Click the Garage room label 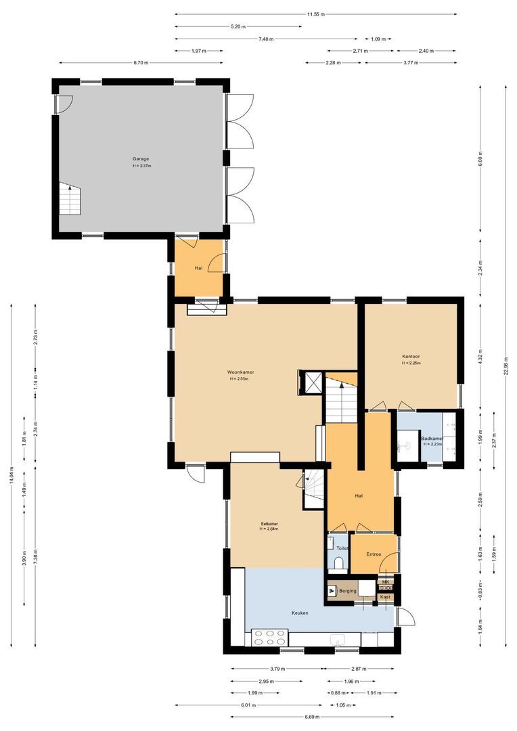[141, 159]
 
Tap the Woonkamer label [240, 372]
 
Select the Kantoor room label [411, 356]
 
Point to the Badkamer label [431, 439]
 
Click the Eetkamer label [270, 524]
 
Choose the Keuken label [300, 613]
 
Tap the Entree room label [374, 554]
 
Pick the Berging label [348, 591]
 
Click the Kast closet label [385, 597]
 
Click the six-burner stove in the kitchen [269, 638]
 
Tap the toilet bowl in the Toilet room [339, 562]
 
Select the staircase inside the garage [69, 198]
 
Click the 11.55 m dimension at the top [315, 14]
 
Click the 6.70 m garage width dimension [141, 63]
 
